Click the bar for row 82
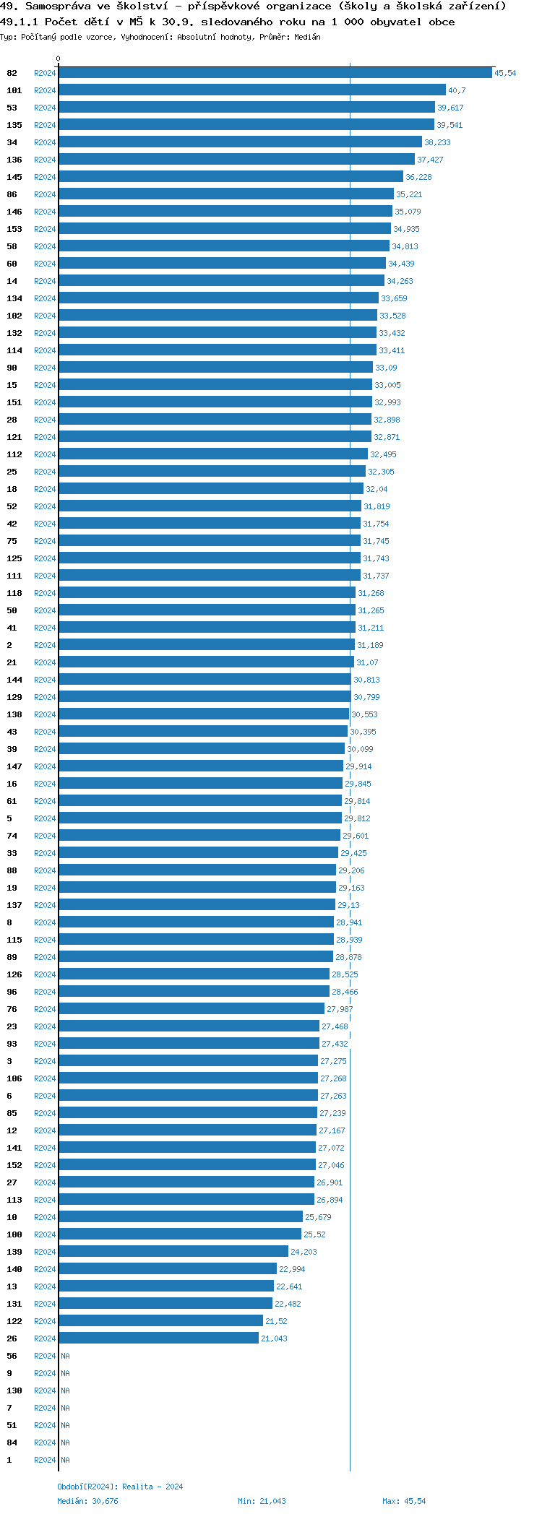pos(275,73)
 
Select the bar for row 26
pos(158,1338)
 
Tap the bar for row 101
pos(251,90)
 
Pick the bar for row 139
pos(173,1252)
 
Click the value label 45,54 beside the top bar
pos(505,73)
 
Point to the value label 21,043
pos(274,1338)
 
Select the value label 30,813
pos(366,680)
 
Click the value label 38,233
pos(437,142)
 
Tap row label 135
pos(14,125)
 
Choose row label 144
pos(14,680)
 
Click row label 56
pos(12,1356)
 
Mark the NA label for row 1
pos(65,1460)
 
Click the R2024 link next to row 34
pos(45,142)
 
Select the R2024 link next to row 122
pos(45,1321)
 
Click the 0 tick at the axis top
pos(59,59)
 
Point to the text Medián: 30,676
pos(87,1501)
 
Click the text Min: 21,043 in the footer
pos(262,1501)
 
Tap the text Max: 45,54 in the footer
pos(404,1501)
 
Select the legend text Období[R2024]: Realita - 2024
pos(120,1487)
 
